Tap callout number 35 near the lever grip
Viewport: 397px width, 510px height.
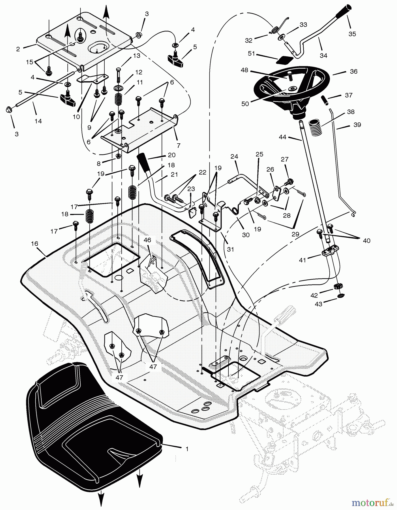[x=352, y=34]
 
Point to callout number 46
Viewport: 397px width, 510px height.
[x=147, y=240]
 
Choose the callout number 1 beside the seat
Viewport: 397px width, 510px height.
[x=187, y=449]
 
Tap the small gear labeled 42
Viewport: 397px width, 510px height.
[x=337, y=286]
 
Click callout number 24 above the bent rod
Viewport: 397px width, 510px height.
[x=234, y=156]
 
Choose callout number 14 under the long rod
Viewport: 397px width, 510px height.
[x=38, y=121]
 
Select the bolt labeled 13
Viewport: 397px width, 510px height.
[x=118, y=76]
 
